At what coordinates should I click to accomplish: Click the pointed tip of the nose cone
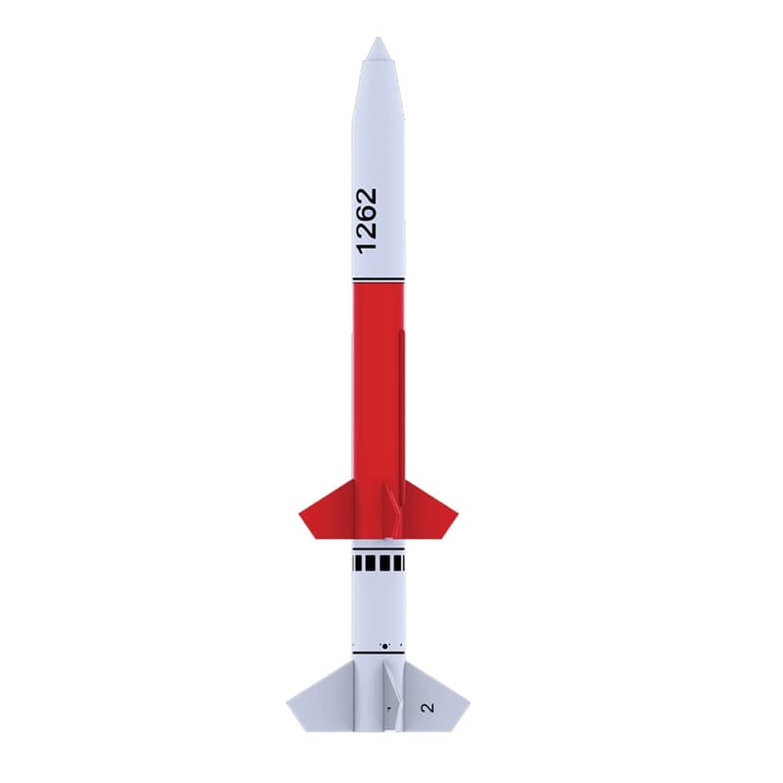378,40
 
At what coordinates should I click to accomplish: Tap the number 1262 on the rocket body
366,218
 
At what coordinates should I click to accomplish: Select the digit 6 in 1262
366,213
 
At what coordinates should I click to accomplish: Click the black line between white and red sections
378,280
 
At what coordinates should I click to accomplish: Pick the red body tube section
378,378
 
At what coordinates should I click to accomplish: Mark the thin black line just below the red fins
378,546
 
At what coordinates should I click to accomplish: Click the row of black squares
378,564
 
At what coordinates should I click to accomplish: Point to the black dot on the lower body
384,646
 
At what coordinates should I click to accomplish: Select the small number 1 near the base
387,706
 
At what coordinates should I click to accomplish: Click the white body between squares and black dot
378,605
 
